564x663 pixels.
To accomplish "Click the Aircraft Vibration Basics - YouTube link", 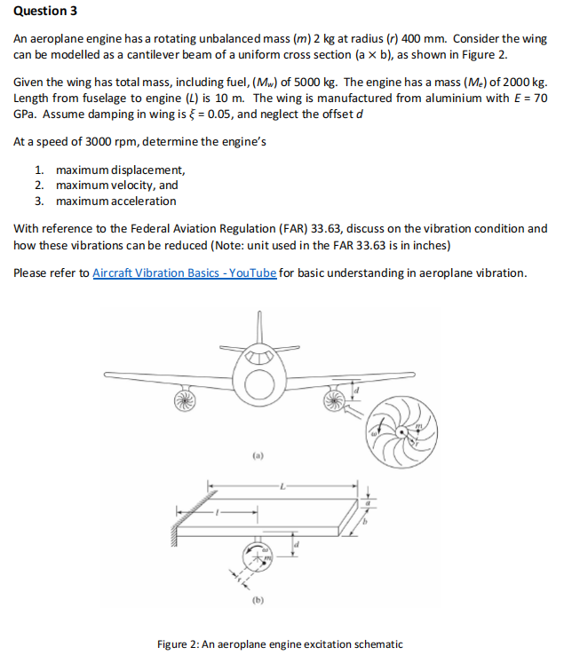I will (x=185, y=272).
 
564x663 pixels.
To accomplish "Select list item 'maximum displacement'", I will (x=120, y=170).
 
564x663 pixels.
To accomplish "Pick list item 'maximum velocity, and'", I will (x=116, y=185).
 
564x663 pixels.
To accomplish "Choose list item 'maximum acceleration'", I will (x=115, y=201).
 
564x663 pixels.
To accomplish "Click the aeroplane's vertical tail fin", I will (x=261, y=328).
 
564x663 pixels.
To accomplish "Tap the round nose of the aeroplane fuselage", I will (x=260, y=383).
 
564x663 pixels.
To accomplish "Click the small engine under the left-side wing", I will (x=185, y=399).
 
